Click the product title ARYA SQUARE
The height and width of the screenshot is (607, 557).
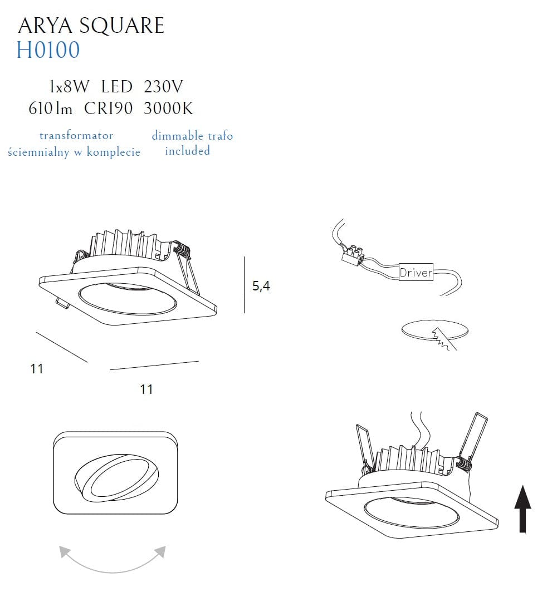tap(91, 26)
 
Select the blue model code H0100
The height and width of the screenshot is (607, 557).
tap(48, 50)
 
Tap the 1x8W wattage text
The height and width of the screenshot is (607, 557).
tap(69, 87)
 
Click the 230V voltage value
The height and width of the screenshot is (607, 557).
tap(163, 87)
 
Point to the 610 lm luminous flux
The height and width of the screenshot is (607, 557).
tap(50, 108)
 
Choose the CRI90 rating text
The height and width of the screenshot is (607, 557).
tap(108, 108)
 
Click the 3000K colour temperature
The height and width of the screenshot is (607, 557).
tap(168, 108)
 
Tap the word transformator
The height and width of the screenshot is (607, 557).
tap(76, 136)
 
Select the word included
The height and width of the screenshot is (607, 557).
tap(188, 150)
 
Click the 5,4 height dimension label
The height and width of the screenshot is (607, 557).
tap(261, 286)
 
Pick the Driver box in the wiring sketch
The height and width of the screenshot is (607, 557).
tap(416, 272)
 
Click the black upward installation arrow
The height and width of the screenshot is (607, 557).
tap(522, 509)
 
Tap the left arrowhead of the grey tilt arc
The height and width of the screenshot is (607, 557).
tap(65, 552)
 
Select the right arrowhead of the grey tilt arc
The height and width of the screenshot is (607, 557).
tap(160, 552)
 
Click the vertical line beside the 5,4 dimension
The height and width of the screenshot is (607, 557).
tap(244, 284)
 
